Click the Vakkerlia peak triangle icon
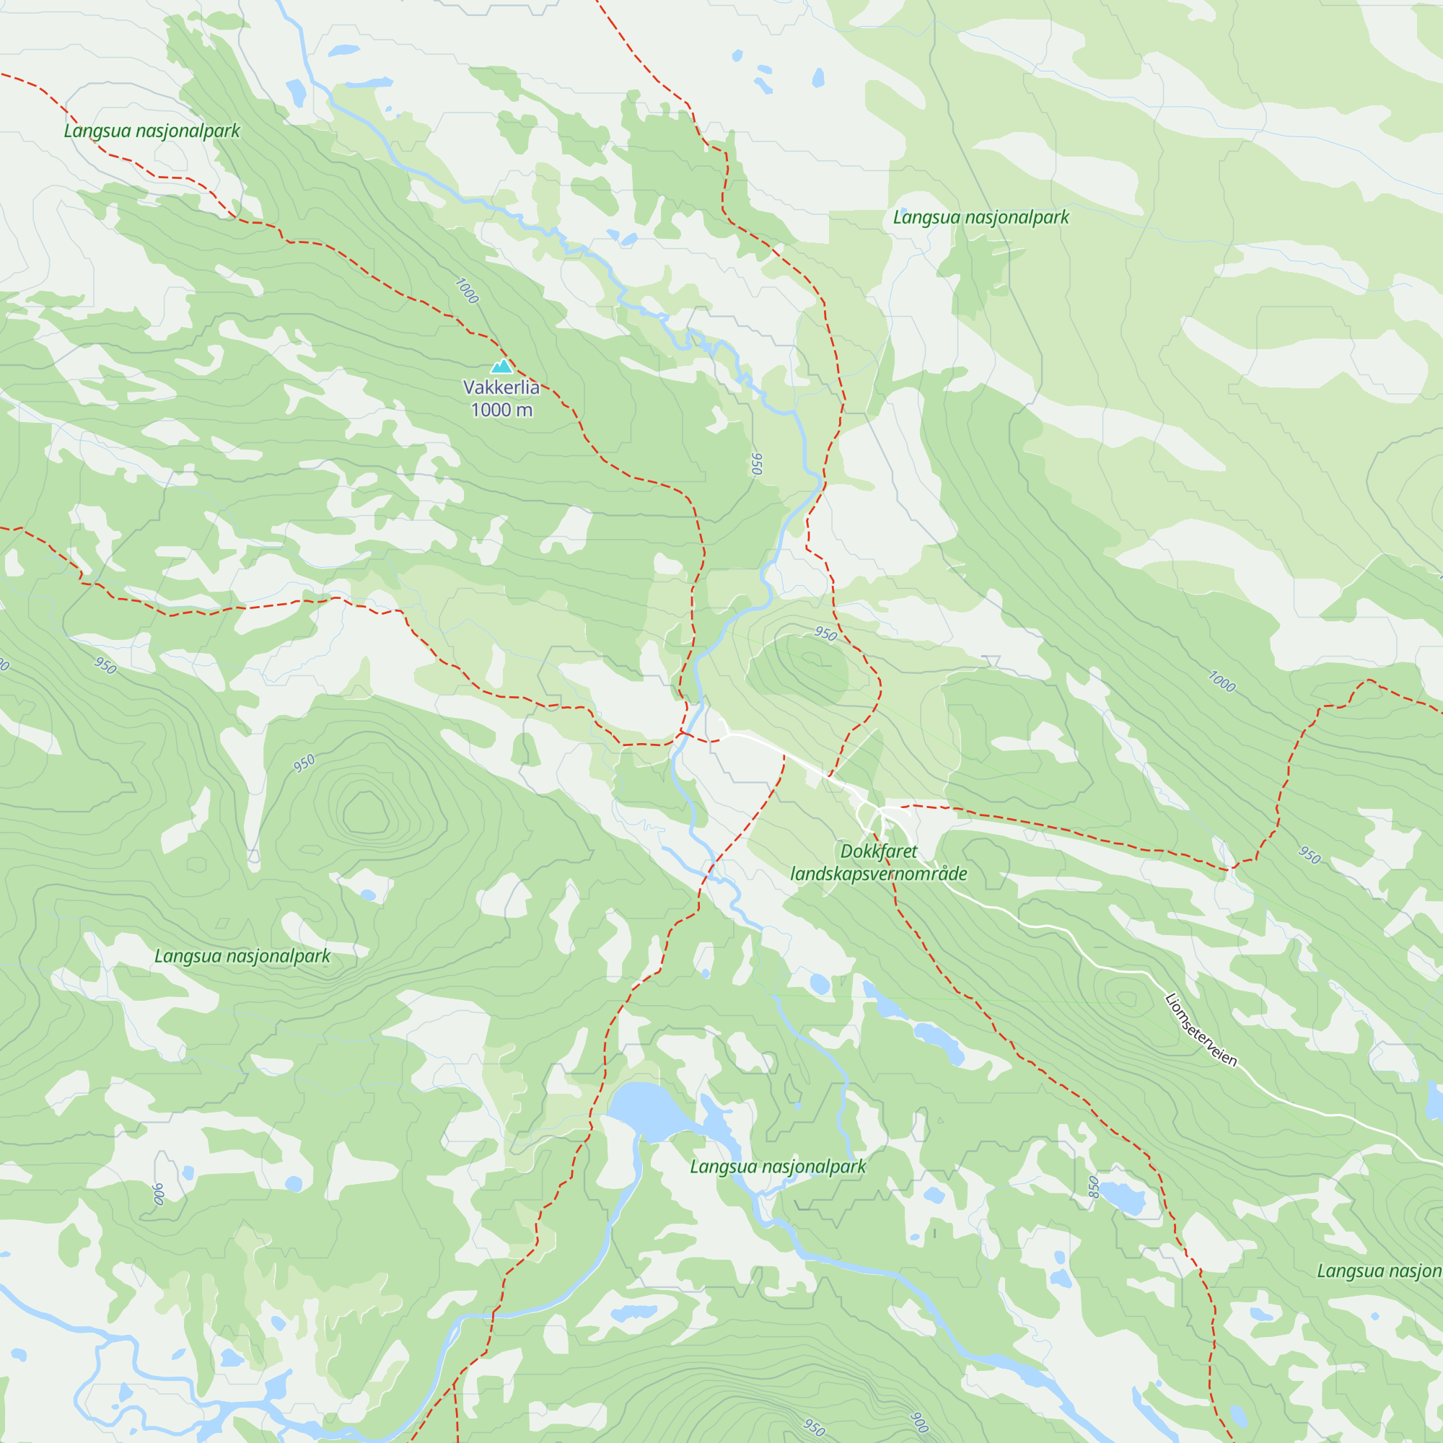point(501,366)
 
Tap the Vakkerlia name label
point(501,387)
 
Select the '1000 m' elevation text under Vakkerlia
point(501,410)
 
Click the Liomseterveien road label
point(1201,1030)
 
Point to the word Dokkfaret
point(878,851)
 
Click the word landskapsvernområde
point(878,874)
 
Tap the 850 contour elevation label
point(1094,1187)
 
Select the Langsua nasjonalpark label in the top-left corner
point(152,131)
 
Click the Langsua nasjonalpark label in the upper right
point(981,218)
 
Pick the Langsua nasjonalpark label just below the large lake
point(778,1167)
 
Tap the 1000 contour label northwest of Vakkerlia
point(467,291)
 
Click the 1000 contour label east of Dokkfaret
point(1222,681)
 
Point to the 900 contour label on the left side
point(157,1194)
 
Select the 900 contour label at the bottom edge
point(920,1422)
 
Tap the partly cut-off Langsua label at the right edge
point(1379,1271)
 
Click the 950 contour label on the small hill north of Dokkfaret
point(825,634)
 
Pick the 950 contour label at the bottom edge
point(814,1427)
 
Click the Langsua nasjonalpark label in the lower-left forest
point(242,957)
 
